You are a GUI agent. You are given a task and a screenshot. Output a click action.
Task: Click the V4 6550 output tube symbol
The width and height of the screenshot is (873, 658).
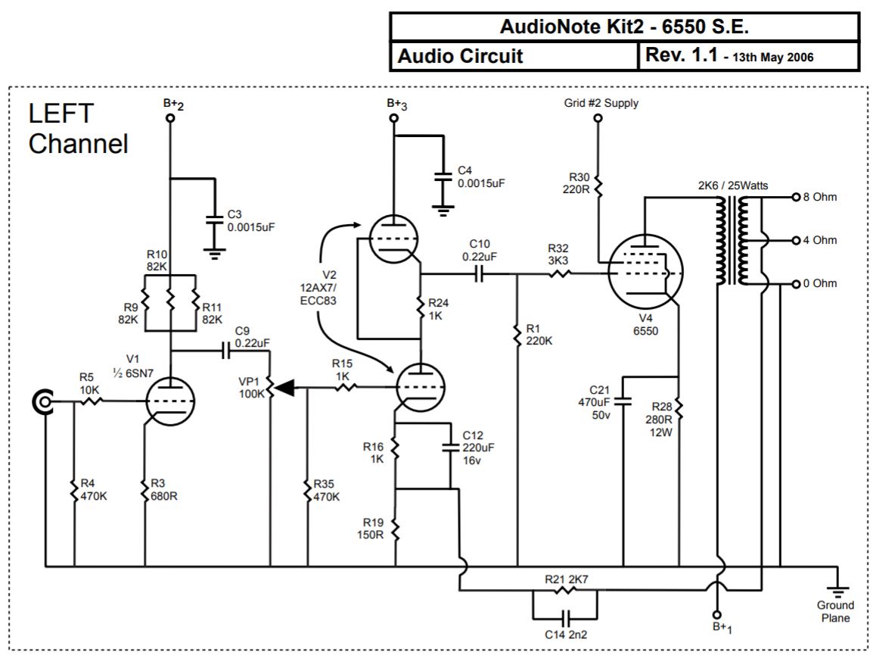(642, 273)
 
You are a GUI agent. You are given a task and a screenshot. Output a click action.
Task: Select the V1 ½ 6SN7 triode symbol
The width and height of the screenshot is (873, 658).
(169, 401)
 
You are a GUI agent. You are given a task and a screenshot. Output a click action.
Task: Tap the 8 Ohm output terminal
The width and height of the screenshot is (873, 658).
(795, 198)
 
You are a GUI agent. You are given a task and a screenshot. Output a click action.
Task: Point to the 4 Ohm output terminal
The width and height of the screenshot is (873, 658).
(795, 241)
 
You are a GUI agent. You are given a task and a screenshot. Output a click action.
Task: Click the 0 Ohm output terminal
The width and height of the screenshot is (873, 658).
(795, 284)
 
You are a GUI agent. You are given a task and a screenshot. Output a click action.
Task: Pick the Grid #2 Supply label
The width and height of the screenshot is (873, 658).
(601, 103)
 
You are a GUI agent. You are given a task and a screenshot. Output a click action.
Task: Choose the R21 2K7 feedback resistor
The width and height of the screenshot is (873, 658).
(564, 590)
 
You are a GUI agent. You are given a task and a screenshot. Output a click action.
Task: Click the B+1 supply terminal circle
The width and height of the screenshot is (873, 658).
(716, 614)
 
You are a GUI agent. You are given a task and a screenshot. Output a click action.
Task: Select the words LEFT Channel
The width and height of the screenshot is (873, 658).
(77, 129)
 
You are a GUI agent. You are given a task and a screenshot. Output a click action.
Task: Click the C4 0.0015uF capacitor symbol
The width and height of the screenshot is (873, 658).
(442, 180)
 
